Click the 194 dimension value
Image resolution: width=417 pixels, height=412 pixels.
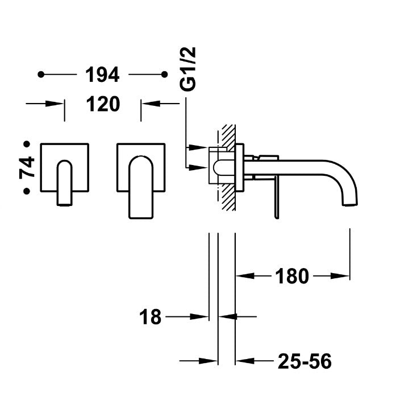102,75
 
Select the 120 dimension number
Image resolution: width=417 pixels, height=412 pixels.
103,104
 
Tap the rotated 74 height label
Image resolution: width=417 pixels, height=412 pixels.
27,168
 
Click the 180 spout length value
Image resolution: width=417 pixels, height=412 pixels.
292,277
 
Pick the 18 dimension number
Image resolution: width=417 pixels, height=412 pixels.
151,317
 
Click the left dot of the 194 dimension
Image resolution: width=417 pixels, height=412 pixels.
40,75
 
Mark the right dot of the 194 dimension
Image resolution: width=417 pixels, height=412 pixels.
164,75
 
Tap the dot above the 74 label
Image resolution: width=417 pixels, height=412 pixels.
26,145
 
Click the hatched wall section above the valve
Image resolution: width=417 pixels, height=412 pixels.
228,135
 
